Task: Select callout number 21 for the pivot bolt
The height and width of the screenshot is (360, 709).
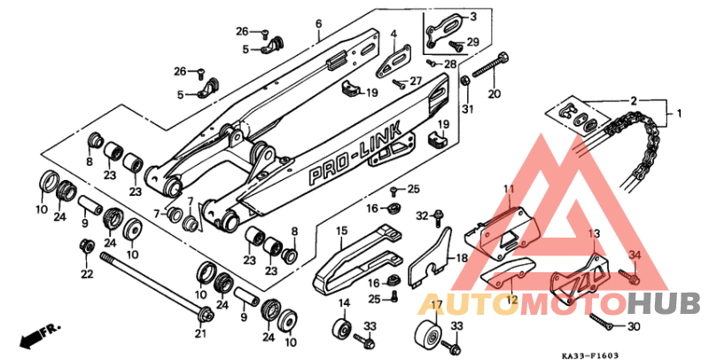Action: (200, 333)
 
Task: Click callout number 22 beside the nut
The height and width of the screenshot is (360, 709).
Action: (87, 274)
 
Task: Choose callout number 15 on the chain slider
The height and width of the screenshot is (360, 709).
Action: (341, 233)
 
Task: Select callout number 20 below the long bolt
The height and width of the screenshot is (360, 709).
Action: (495, 94)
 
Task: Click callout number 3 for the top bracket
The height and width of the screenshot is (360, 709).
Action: (472, 16)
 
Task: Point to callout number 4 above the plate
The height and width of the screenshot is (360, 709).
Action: (391, 34)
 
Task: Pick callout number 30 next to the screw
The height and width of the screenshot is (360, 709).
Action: (633, 326)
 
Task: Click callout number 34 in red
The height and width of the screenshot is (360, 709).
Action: (633, 256)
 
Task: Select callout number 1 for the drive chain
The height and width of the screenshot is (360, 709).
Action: (680, 113)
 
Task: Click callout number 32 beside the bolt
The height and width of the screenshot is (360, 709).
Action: (423, 215)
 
